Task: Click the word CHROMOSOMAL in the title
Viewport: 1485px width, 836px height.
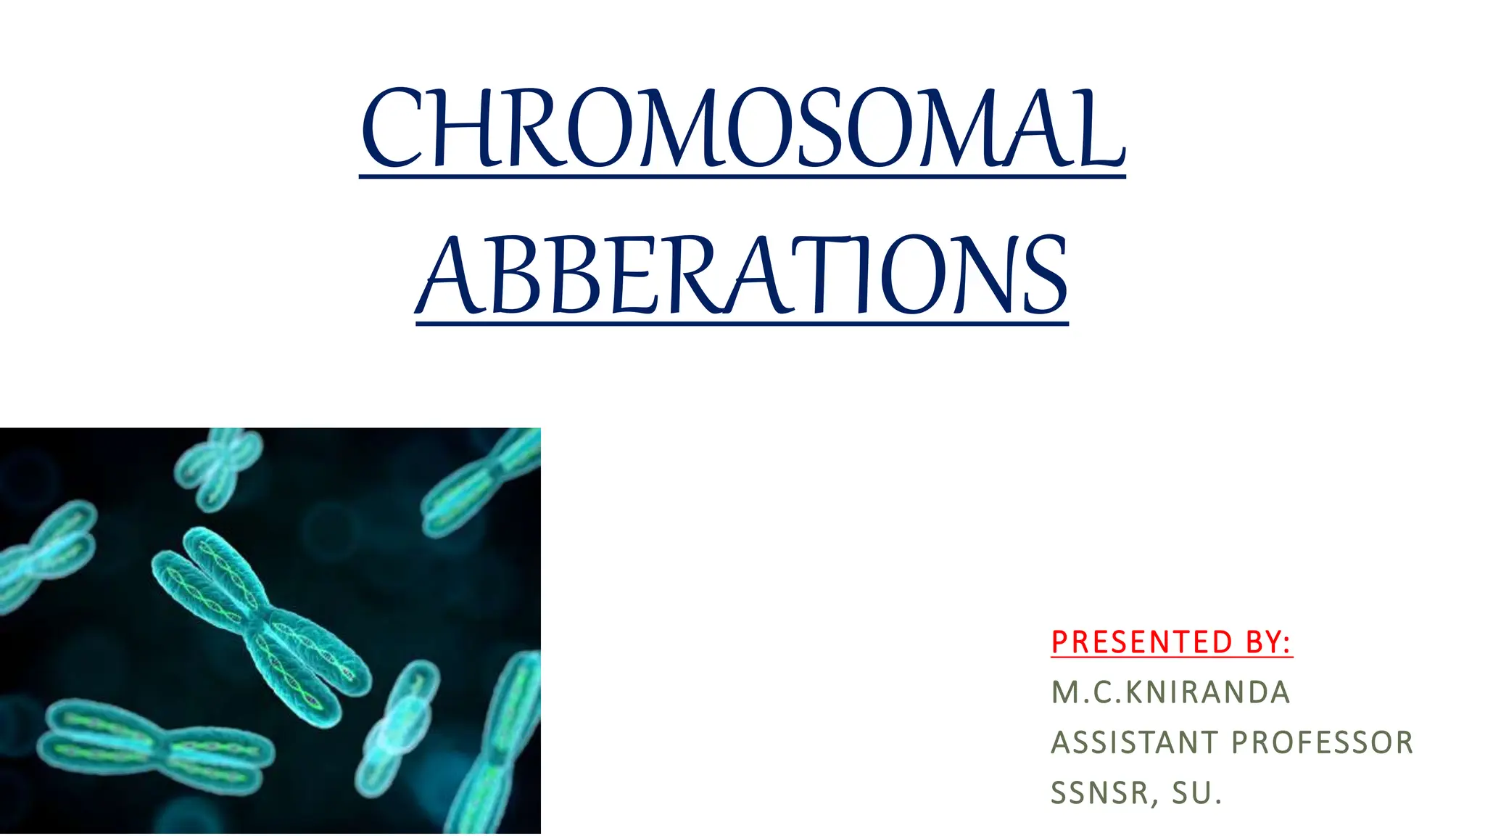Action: (742, 129)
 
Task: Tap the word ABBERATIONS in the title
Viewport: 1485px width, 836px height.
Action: (742, 276)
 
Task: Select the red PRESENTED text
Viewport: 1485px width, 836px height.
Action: (1141, 642)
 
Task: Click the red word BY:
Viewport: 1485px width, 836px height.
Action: (1268, 642)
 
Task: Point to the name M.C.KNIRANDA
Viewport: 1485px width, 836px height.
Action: (1170, 692)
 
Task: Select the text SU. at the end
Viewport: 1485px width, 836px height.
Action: (1197, 792)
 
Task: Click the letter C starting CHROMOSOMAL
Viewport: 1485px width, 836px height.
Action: (392, 129)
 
